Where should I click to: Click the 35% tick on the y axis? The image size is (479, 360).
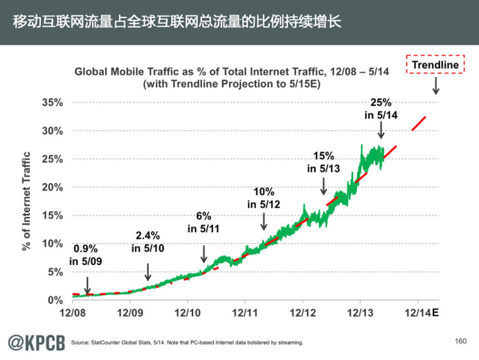click(x=51, y=103)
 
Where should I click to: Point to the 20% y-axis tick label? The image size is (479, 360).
click(x=51, y=187)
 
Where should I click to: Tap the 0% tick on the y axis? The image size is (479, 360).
click(x=55, y=300)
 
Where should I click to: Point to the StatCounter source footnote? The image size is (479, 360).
click(x=187, y=343)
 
